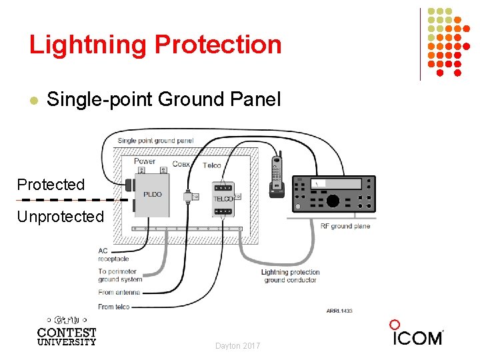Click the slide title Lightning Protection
pyautogui.click(x=155, y=45)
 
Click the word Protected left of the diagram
pyautogui.click(x=51, y=185)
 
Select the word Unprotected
pyautogui.click(x=61, y=217)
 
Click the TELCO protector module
pyautogui.click(x=223, y=198)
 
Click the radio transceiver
pyautogui.click(x=334, y=193)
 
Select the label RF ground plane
pyautogui.click(x=345, y=227)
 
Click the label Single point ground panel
pyautogui.click(x=155, y=141)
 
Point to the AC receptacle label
pyautogui.click(x=113, y=255)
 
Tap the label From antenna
pyautogui.click(x=119, y=293)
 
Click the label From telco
pyautogui.click(x=114, y=307)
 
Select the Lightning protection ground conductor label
pyautogui.click(x=290, y=276)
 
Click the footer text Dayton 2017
pyautogui.click(x=238, y=346)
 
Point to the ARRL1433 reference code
pyautogui.click(x=339, y=311)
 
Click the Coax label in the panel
pyautogui.click(x=181, y=164)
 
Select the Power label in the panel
pyautogui.click(x=145, y=161)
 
